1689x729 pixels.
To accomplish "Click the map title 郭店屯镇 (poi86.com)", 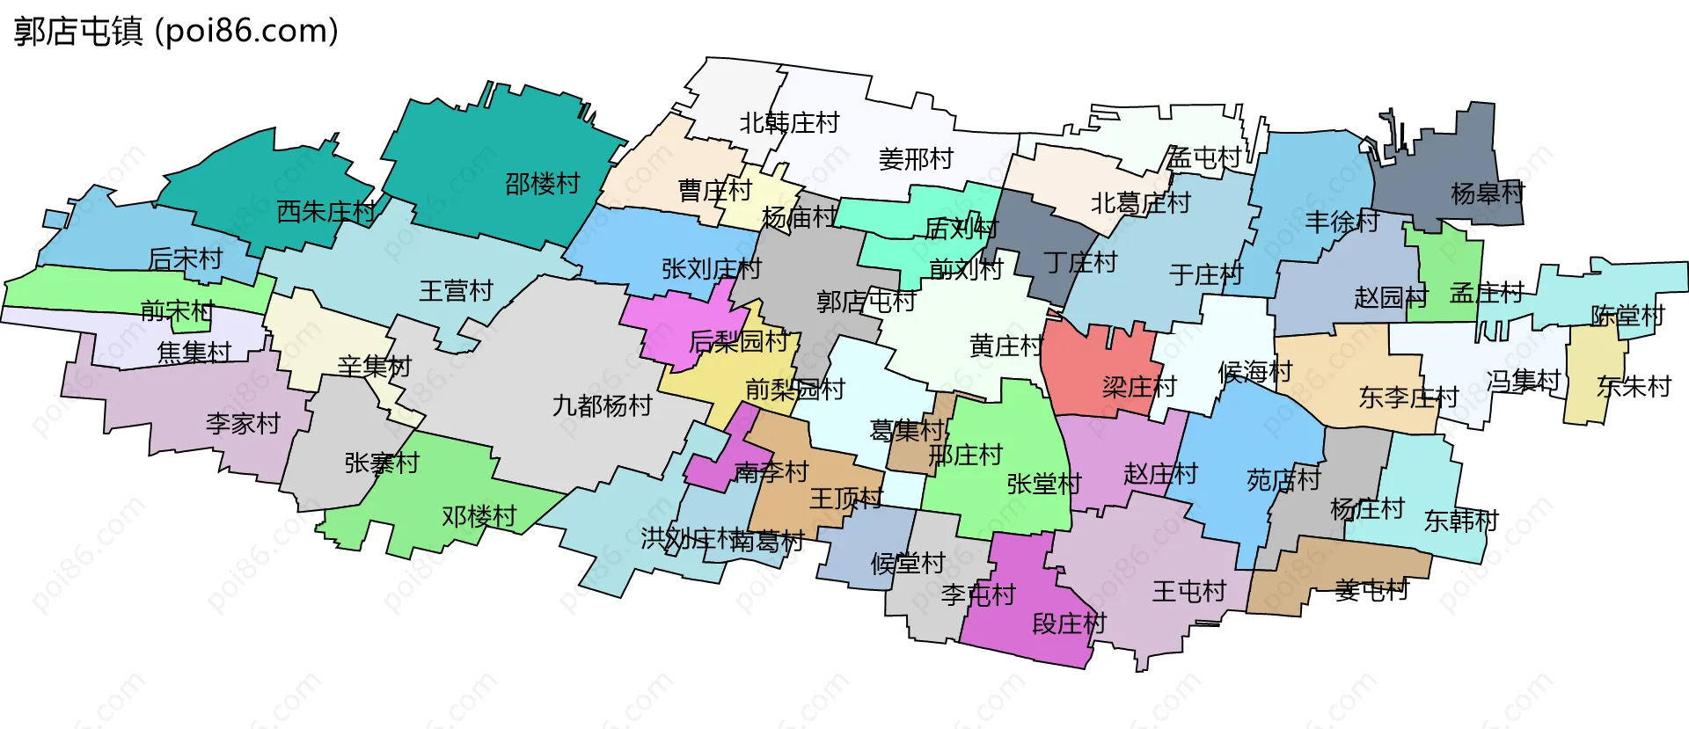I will click(x=176, y=32).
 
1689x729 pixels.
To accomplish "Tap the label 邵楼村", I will click(x=542, y=184).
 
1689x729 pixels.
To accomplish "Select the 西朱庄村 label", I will click(x=325, y=211).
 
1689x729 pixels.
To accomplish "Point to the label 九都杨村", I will click(x=602, y=405).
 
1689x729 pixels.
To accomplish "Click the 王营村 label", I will click(x=456, y=290).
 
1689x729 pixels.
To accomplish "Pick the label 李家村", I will click(x=243, y=423).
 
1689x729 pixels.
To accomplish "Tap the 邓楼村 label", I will click(x=479, y=516).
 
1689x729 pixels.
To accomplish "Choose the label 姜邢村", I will click(x=916, y=159).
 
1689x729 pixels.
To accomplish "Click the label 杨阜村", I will click(x=1488, y=193).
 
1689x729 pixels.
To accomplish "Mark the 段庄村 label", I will click(x=1069, y=623).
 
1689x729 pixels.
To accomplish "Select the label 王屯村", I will click(x=1189, y=591).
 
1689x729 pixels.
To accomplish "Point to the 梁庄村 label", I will click(x=1139, y=386).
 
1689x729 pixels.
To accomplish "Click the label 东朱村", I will click(x=1634, y=386).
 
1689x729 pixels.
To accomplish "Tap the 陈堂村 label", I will click(x=1627, y=316).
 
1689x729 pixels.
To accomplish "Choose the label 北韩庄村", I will click(x=789, y=123).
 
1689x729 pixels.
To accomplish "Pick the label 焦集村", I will click(x=194, y=353).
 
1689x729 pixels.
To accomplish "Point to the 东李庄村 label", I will click(x=1408, y=397).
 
